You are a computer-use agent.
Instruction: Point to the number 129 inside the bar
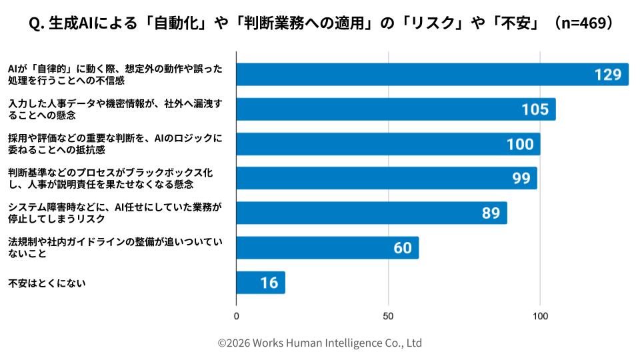[x=607, y=75]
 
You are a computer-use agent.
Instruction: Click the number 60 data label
[x=402, y=248]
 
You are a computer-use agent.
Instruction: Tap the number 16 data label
[x=269, y=283]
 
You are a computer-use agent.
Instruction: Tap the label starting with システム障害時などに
[x=113, y=213]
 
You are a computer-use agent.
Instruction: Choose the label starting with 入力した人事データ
[x=113, y=109]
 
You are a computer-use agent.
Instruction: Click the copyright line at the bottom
[x=320, y=343]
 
